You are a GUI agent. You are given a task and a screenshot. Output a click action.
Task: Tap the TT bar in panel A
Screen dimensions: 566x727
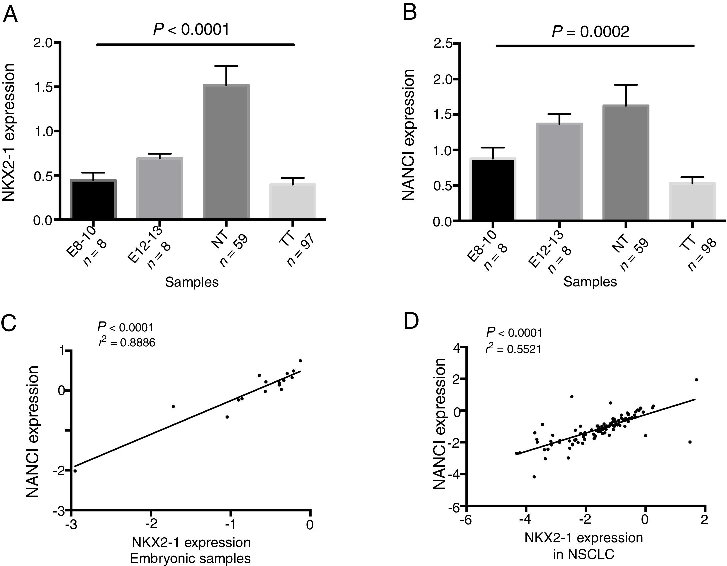[x=292, y=201]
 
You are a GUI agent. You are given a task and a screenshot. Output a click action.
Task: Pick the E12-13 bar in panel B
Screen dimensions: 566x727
[x=559, y=172]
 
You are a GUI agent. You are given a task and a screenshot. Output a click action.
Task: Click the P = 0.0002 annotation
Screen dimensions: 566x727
[x=590, y=32]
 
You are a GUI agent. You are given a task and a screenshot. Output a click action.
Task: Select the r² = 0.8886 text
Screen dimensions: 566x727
[x=127, y=343]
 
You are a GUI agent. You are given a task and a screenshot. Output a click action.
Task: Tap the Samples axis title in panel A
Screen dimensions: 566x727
[x=192, y=282]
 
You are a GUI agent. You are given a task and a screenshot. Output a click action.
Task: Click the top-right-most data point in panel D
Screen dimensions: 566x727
[x=696, y=380]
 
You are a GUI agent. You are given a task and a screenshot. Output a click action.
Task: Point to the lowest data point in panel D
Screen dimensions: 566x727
[x=534, y=477]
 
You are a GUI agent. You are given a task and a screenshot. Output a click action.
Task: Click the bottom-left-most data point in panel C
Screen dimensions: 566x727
[x=75, y=471]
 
